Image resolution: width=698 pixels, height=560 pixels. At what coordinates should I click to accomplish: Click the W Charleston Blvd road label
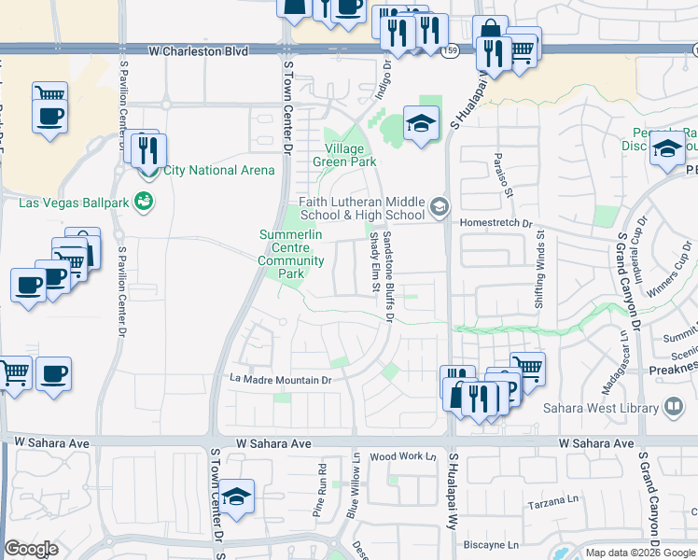coord(200,51)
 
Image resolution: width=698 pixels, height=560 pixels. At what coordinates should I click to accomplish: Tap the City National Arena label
coord(218,170)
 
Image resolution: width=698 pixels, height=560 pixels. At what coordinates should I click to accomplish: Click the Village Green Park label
coord(350,155)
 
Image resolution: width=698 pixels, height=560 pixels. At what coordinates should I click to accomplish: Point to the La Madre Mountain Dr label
coord(281,380)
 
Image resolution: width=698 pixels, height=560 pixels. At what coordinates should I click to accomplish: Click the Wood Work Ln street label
coord(403,456)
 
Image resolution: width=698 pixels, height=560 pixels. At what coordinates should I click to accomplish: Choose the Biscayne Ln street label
coord(485,544)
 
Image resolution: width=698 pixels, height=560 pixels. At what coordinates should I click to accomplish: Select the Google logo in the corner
coord(31,549)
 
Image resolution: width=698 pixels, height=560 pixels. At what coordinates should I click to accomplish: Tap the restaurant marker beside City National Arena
coord(149,149)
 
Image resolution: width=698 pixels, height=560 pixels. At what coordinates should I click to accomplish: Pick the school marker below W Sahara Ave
coord(239,497)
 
